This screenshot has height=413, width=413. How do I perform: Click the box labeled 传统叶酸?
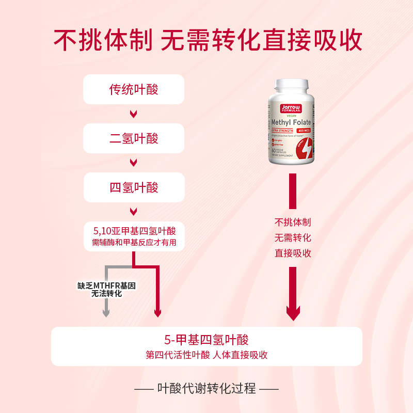134,89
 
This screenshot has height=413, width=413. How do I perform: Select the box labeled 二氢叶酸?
134,138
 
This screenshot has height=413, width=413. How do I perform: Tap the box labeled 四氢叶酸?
134,187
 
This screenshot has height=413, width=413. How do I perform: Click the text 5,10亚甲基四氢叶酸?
134,231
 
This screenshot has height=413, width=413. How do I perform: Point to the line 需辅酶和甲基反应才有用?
134,243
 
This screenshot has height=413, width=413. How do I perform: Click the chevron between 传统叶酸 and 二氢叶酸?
133,114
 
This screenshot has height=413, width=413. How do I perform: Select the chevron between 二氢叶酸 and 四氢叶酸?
133,163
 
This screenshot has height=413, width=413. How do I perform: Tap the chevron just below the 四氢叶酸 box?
133,212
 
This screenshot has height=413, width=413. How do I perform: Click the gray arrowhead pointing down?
106,312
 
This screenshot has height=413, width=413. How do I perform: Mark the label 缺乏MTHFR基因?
106,285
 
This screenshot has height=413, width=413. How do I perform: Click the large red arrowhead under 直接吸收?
293,312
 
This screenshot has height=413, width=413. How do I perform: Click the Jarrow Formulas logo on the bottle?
291,109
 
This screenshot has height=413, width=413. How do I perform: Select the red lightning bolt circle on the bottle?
305,150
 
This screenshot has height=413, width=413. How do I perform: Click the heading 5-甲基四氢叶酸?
206,340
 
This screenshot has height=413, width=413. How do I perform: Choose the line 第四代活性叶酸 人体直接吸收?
206,355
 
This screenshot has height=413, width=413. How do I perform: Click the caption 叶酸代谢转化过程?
206,388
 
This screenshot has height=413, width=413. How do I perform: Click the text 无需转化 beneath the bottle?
293,238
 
